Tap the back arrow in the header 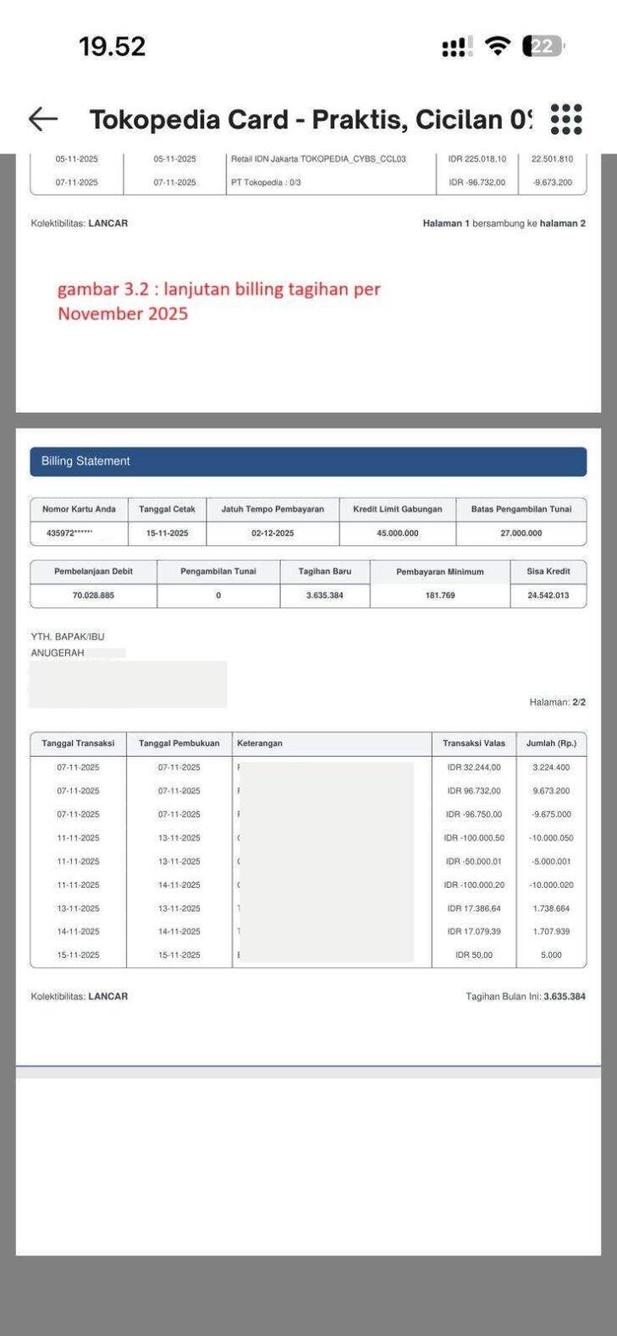(x=43, y=119)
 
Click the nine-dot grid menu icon (x=565, y=119)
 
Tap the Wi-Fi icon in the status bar (x=499, y=47)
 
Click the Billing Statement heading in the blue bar (x=85, y=462)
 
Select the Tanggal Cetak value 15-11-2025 (x=167, y=534)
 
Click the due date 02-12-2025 (x=273, y=534)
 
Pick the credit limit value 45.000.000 (x=397, y=534)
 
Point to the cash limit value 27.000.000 (x=521, y=534)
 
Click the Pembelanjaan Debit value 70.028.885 (x=93, y=595)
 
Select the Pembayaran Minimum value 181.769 (x=439, y=595)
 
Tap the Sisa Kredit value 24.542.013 (x=548, y=595)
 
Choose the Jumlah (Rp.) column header (x=551, y=743)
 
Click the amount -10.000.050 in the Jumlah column (x=551, y=838)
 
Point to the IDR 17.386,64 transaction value (x=474, y=908)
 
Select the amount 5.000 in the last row (x=551, y=955)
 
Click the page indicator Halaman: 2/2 (x=557, y=702)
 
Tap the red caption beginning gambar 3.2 (x=218, y=301)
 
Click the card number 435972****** (x=69, y=534)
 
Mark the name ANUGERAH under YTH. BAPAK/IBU (x=58, y=653)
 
